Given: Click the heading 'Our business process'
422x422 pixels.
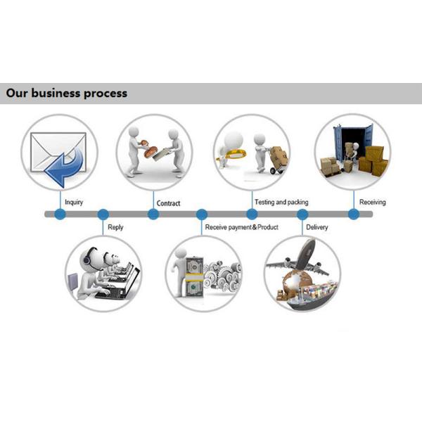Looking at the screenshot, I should pos(67,93).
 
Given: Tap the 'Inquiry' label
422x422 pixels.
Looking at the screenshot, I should pos(74,203).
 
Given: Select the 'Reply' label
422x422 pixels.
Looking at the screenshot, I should pos(115,227).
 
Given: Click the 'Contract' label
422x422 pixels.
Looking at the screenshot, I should pos(168,203).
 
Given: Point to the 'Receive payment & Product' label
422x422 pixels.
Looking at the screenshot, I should pos(241,227).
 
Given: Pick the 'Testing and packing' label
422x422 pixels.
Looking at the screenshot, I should pos(282,203).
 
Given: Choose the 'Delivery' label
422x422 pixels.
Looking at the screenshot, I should pos(317,227).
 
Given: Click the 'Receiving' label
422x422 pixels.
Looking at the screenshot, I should pos(372,203).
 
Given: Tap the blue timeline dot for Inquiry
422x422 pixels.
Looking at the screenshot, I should pos(60,214).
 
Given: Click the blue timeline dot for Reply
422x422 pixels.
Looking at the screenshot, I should pos(103,214).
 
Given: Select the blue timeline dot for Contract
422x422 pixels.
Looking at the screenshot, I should pos(153,214).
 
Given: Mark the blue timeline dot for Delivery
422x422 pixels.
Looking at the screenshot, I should pos(302,214).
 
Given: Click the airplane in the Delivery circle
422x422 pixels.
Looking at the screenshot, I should pos(300,260).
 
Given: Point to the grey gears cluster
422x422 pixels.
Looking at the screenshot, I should pos(224,276).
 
